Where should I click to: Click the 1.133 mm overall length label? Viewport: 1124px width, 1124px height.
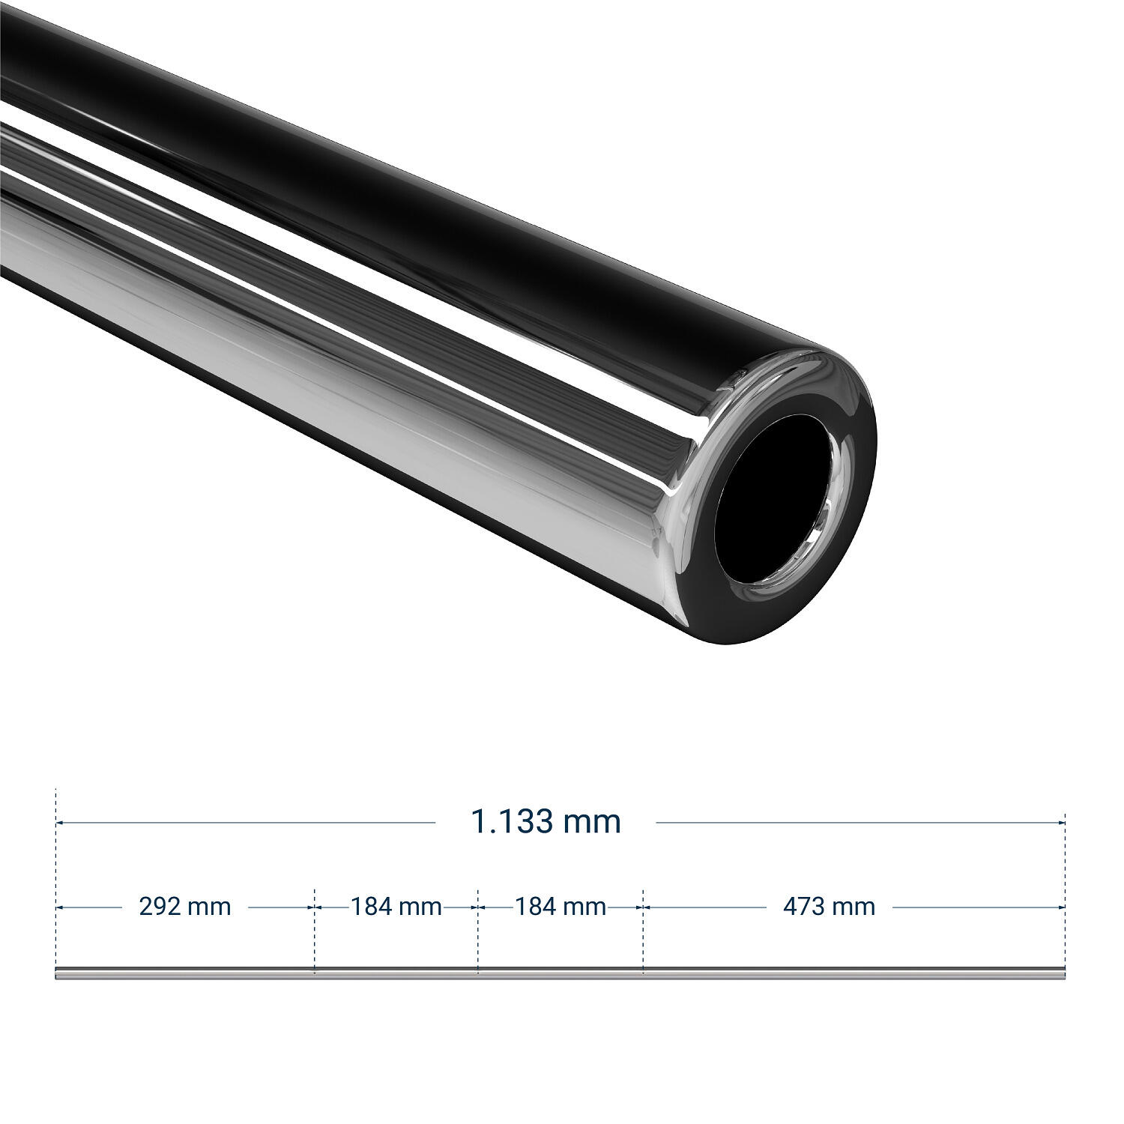[546, 822]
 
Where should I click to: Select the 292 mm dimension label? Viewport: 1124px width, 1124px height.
[185, 907]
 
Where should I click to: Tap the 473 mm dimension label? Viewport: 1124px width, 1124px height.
[829, 907]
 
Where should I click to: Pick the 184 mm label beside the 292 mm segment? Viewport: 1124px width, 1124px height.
[396, 907]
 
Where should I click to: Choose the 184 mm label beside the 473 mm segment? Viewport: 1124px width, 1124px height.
[561, 907]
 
